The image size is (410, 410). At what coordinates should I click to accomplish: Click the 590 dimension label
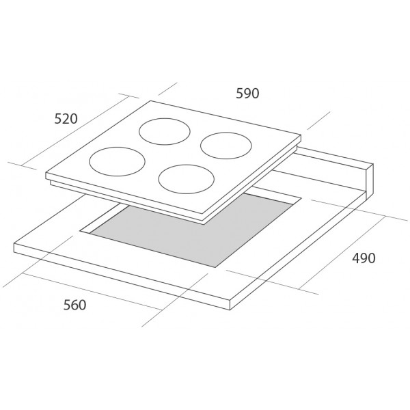(x=247, y=94)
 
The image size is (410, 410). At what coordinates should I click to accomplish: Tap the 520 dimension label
(x=66, y=119)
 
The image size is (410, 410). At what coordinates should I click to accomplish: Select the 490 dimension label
(x=364, y=258)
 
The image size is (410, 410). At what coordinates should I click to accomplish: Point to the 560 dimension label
(x=74, y=305)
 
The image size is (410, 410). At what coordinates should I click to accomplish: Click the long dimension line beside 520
(x=74, y=131)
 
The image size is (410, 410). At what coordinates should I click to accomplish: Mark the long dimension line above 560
(x=92, y=292)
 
